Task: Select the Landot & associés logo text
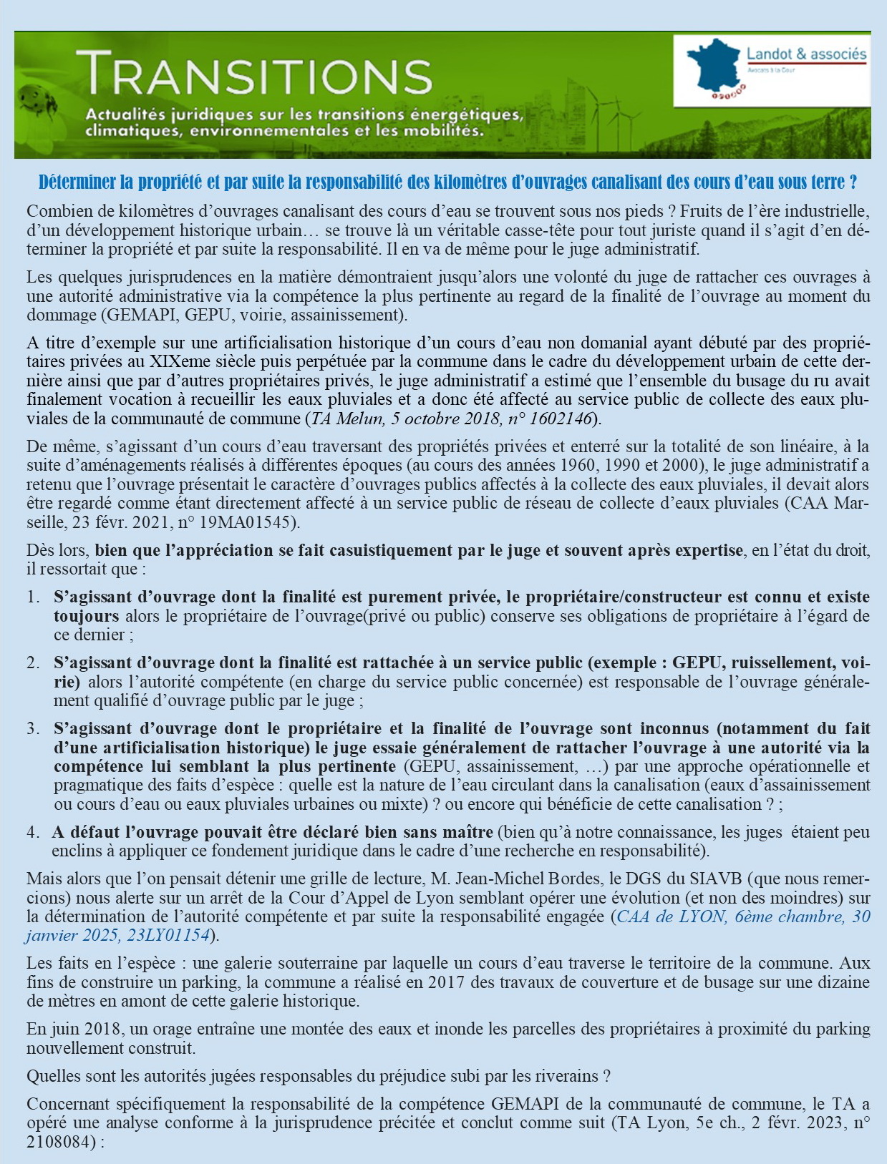point(806,54)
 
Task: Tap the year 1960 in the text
point(577,465)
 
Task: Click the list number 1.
point(33,597)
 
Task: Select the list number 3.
point(33,729)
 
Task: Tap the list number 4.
point(33,833)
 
